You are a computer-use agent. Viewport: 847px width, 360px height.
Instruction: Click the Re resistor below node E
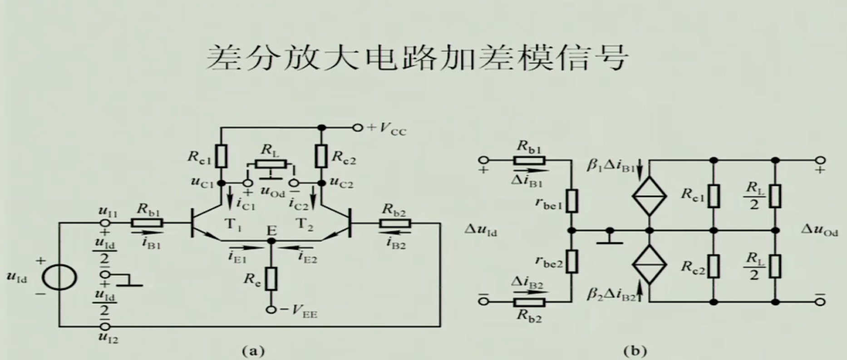tap(271, 279)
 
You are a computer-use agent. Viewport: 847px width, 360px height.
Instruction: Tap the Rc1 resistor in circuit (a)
tap(222, 156)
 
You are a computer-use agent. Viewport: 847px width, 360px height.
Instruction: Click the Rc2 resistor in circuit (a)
tap(321, 156)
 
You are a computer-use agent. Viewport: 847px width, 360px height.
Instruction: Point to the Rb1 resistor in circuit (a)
tap(147, 223)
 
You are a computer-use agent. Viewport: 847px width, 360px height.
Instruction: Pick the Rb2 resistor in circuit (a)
tap(396, 223)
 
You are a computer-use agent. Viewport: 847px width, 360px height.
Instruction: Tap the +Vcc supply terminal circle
tap(358, 128)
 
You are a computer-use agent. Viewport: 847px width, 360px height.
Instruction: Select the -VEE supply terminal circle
tap(271, 310)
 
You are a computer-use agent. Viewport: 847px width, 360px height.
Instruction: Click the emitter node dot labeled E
tap(271, 241)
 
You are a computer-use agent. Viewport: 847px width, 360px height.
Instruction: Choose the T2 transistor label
tap(305, 224)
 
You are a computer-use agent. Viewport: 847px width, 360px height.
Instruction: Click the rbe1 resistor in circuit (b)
tap(572, 201)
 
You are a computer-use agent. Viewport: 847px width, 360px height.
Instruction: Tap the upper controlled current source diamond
tap(650, 196)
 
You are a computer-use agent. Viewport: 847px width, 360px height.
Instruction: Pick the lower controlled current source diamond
tap(650, 265)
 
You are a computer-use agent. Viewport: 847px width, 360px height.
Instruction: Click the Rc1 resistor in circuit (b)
tap(714, 196)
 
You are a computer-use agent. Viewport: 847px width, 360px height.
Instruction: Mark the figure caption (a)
tap(253, 350)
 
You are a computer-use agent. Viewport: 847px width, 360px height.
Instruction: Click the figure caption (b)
tap(635, 350)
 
